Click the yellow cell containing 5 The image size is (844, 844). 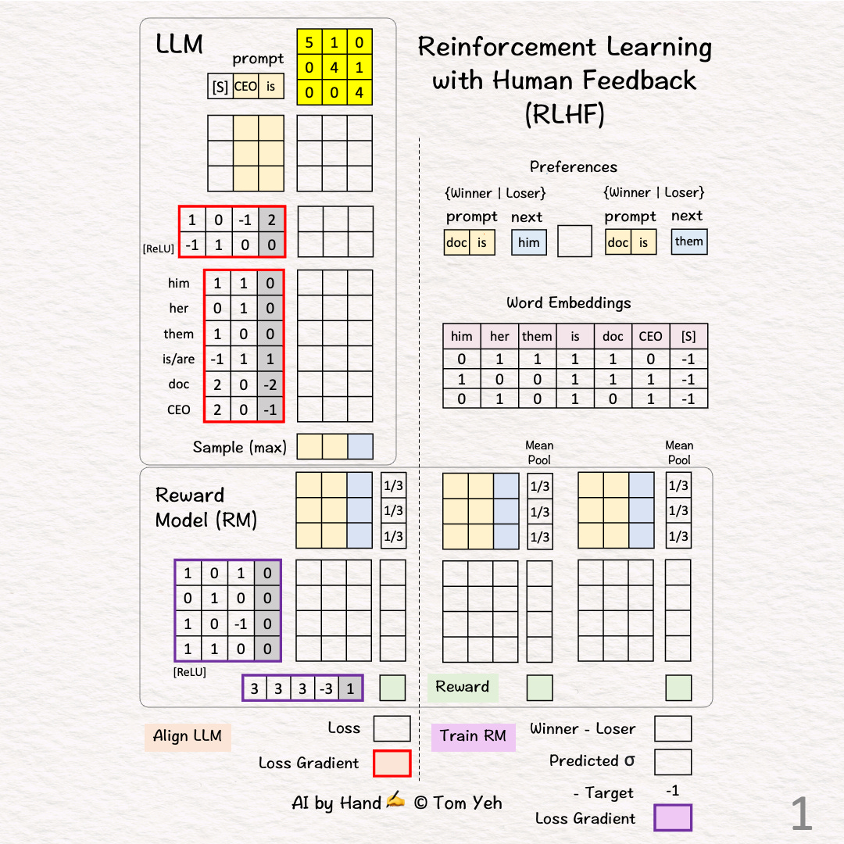click(x=309, y=42)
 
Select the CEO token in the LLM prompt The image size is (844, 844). click(x=245, y=87)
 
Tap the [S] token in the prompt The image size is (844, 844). click(x=220, y=87)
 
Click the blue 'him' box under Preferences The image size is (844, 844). click(x=529, y=242)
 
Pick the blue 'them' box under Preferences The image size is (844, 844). click(x=688, y=241)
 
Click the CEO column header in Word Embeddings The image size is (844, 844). click(x=650, y=336)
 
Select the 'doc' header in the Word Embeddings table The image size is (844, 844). click(x=613, y=336)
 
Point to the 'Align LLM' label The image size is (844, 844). click(x=188, y=736)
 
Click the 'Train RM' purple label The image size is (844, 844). click(x=473, y=736)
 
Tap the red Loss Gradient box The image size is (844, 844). click(x=392, y=764)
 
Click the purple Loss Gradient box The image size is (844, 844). click(x=673, y=818)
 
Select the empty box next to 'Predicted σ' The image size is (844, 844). click(x=673, y=762)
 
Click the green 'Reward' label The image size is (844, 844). click(x=463, y=687)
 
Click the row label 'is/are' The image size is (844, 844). click(x=181, y=359)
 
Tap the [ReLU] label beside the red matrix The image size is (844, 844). click(x=159, y=249)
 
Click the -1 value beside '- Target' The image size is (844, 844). click(x=672, y=791)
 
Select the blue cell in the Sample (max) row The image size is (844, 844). click(x=360, y=446)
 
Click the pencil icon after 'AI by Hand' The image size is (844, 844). click(x=395, y=800)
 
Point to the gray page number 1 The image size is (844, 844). click(x=802, y=814)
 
